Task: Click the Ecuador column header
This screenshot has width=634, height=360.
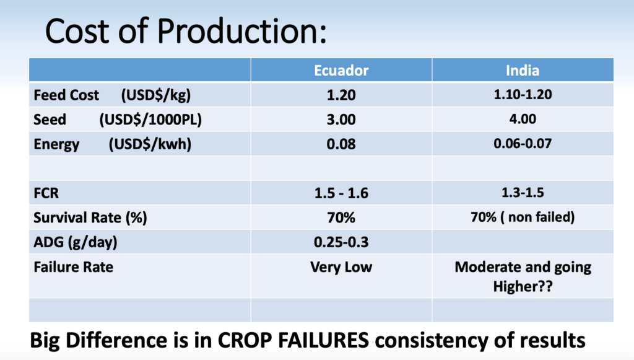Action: (x=341, y=71)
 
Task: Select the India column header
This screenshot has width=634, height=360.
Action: (x=523, y=71)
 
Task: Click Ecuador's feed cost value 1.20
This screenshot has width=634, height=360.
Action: (x=341, y=95)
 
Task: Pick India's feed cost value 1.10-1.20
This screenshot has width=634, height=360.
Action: (x=523, y=95)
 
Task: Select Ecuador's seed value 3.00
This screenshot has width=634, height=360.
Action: (x=341, y=120)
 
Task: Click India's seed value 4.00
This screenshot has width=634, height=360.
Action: (x=523, y=119)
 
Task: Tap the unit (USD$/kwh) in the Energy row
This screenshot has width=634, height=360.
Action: (x=150, y=144)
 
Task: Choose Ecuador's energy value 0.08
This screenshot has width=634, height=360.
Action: (x=341, y=144)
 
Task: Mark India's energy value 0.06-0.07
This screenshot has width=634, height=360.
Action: (x=523, y=144)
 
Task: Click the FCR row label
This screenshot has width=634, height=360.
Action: (x=46, y=193)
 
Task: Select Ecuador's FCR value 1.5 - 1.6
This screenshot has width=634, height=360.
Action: (x=341, y=193)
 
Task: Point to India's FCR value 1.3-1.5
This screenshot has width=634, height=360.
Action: (x=523, y=193)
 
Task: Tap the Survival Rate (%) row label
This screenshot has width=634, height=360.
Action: (x=90, y=218)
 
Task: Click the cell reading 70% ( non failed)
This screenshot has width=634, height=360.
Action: (x=523, y=217)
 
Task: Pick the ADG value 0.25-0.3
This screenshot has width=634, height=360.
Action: (x=341, y=242)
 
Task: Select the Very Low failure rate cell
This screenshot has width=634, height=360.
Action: (x=341, y=267)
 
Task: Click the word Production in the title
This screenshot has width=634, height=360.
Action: (x=241, y=31)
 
